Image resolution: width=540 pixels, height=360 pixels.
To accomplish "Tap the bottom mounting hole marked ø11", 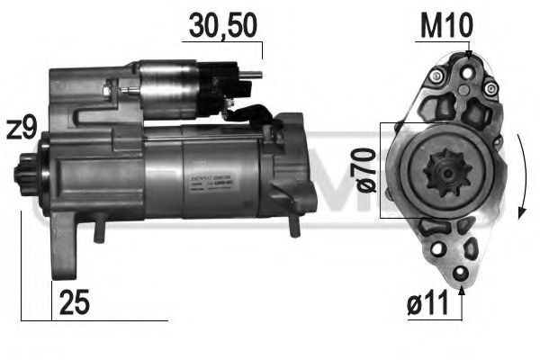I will [x=462, y=274].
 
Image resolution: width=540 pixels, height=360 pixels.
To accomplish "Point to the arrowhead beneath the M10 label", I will [x=468, y=57].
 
